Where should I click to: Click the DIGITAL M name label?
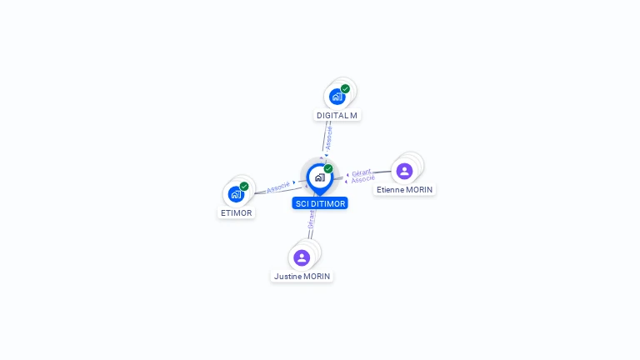coord(337,115)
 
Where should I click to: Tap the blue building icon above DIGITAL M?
coord(337,97)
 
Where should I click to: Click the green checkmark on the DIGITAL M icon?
coord(345,88)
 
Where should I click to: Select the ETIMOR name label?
coord(236,212)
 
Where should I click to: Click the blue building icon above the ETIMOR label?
coord(236,194)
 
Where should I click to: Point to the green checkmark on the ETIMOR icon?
coord(244,187)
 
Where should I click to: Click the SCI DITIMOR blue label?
coord(320,203)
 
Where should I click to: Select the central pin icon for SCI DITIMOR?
coord(319,177)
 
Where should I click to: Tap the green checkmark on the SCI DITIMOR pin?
coord(328,168)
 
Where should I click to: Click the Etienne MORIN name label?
coord(404,189)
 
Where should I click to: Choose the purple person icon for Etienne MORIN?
coord(404,171)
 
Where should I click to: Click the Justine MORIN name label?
coord(302,276)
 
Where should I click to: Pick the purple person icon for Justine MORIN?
coord(302,257)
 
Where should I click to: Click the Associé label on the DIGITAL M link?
coord(328,137)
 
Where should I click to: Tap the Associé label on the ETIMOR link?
coord(278,187)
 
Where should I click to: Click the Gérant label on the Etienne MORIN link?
coord(361,172)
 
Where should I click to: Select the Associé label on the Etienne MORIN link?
coord(362,179)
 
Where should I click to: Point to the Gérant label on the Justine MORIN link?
coord(311,220)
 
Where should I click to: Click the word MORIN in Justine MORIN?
coord(316,276)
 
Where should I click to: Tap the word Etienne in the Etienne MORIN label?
coord(390,189)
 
